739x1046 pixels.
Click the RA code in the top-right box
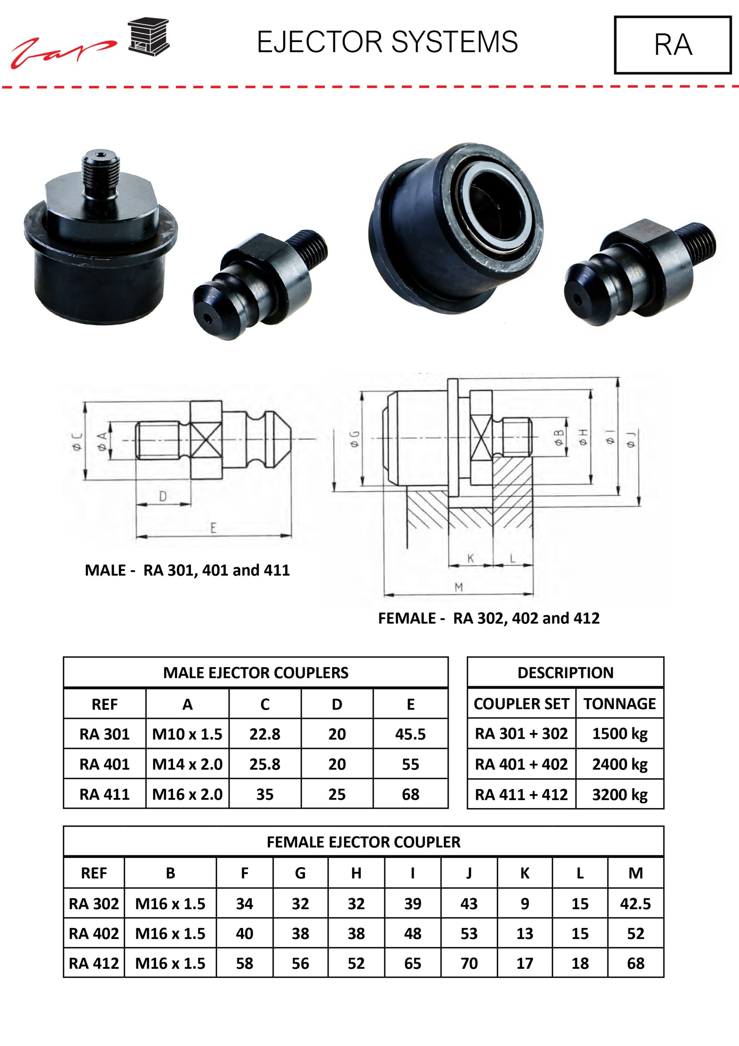[673, 45]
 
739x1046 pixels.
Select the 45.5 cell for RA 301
[410, 734]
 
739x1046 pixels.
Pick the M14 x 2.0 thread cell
[187, 764]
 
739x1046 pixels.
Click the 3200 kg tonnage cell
[620, 794]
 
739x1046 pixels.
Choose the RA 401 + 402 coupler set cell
[521, 764]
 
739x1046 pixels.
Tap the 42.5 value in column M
[636, 903]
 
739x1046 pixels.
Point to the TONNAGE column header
[620, 704]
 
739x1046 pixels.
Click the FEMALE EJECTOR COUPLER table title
[363, 842]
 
